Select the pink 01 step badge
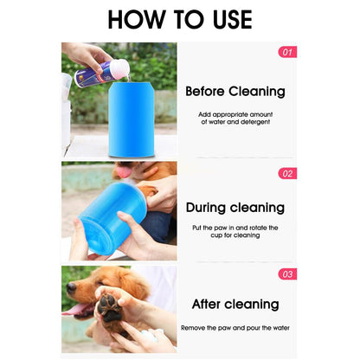click(287, 52)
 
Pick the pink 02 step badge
click(287, 173)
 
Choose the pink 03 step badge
click(287, 274)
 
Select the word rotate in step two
click(257, 227)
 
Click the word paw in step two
click(216, 227)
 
